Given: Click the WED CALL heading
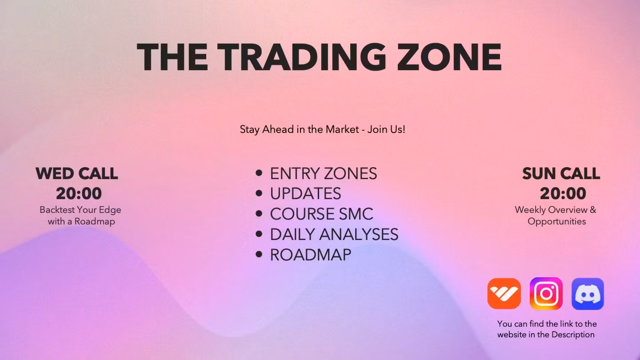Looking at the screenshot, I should point(77,173).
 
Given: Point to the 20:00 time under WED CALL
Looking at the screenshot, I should point(79,194).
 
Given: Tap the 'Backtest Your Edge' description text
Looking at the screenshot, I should point(80,210).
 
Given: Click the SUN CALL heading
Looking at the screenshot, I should point(561,173).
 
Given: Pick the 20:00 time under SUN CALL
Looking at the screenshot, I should point(563,194).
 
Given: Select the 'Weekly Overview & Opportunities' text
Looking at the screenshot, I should point(556,216).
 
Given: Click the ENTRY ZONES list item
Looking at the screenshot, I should point(323,173).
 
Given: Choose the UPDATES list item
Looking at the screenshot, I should point(305,194).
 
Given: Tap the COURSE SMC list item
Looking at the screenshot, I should point(321,214).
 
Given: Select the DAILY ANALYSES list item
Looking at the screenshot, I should point(334,235).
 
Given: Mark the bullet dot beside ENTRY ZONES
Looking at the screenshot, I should point(259,173).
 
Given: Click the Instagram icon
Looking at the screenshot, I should point(546,294).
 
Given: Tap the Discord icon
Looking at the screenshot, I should point(588,294).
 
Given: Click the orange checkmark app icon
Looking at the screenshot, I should point(504,294).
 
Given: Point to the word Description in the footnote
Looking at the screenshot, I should point(572,335).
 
